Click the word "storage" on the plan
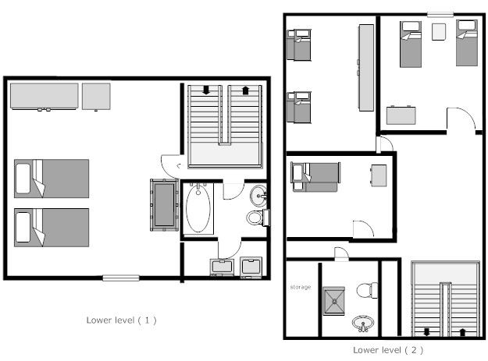click(301, 287)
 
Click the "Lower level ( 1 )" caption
click(121, 320)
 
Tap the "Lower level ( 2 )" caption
click(388, 350)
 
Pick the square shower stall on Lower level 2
click(333, 301)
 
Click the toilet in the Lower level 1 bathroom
click(258, 218)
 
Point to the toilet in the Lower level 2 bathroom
click(367, 291)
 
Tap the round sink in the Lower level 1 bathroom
click(258, 196)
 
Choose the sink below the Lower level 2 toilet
click(362, 324)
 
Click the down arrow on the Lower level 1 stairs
click(206, 90)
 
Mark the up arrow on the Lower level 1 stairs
click(245, 90)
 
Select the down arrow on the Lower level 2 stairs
click(426, 332)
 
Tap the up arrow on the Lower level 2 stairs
click(462, 332)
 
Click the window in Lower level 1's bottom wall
click(121, 278)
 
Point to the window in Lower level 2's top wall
click(440, 14)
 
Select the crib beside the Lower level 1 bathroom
click(164, 205)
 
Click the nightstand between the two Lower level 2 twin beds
click(439, 32)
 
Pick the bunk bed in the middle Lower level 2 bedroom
click(315, 177)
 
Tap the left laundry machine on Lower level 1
click(222, 267)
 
